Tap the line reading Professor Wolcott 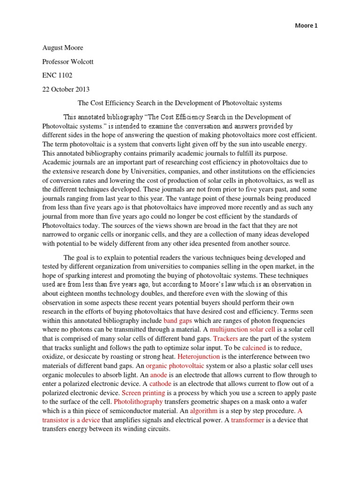click(x=69, y=62)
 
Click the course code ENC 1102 click(x=58, y=75)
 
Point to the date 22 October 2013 click(x=66, y=89)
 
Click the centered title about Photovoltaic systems click(x=180, y=103)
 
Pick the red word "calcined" click(x=254, y=348)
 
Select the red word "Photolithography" click(x=138, y=402)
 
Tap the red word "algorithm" click(x=203, y=411)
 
